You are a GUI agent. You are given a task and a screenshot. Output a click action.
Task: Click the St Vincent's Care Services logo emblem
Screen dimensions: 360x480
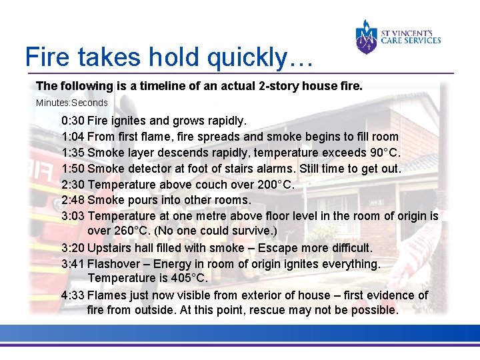click(367, 37)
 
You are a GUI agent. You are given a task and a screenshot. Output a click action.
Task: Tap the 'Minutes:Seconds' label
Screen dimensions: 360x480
click(71, 103)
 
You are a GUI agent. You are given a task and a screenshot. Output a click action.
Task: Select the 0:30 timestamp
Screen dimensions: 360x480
click(73, 121)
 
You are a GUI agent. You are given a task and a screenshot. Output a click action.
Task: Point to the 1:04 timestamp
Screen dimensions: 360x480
click(73, 137)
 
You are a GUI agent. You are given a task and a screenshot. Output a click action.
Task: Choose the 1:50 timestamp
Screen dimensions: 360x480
click(73, 169)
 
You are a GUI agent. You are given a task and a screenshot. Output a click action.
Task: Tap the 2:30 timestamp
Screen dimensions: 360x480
click(73, 185)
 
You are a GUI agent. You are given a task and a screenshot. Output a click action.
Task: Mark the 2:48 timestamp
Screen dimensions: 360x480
click(73, 200)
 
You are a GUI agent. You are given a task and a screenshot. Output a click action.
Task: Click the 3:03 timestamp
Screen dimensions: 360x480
click(73, 216)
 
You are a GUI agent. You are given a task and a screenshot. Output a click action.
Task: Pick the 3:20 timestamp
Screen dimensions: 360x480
click(73, 248)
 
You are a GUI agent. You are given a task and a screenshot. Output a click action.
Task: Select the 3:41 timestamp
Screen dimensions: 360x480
click(73, 264)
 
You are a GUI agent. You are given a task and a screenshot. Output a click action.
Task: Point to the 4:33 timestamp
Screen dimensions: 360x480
click(72, 295)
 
